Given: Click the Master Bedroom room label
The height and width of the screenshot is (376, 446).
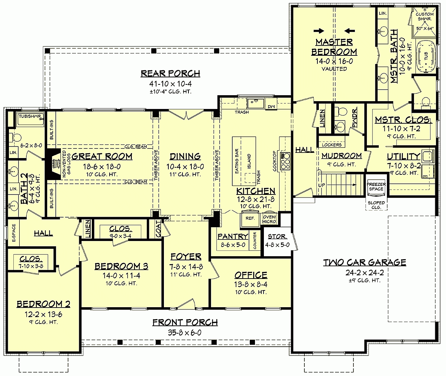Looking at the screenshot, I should tap(334, 47).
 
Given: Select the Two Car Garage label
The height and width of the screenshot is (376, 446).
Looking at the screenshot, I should tap(364, 263).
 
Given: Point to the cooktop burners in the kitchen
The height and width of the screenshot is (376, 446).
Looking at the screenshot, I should tap(285, 160).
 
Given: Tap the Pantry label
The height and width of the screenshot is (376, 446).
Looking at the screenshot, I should tap(233, 237).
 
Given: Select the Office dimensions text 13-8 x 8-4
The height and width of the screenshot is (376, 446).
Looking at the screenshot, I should tap(251, 285).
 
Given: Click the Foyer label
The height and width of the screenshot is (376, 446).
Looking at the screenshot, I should tap(186, 257).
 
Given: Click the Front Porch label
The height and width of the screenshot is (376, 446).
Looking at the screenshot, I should tap(185, 322).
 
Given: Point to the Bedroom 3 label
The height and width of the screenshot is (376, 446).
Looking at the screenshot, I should tap(121, 266).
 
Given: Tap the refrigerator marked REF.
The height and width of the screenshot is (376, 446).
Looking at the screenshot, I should tap(250, 218).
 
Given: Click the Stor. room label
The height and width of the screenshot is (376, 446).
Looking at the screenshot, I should tap(277, 237).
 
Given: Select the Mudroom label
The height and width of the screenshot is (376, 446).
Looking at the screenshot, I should tap(341, 155).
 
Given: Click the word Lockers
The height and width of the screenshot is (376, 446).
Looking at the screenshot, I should tap(332, 145).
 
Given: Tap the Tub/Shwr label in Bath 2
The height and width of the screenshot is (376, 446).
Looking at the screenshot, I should tap(31, 116).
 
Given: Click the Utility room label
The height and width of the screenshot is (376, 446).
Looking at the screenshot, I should tap(404, 157).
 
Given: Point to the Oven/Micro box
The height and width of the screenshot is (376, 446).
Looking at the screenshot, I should tap(269, 219).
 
